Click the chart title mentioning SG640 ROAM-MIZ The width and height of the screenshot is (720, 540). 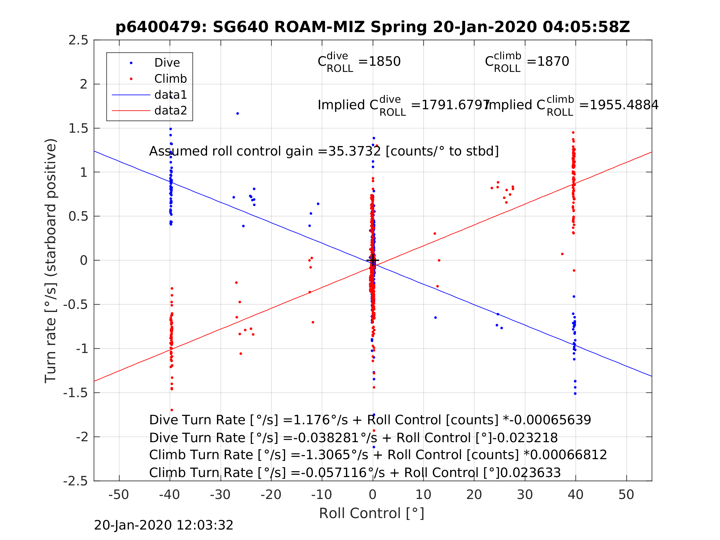(x=372, y=27)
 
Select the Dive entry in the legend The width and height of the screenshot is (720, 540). (x=167, y=63)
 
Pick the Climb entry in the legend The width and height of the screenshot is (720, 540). (x=170, y=79)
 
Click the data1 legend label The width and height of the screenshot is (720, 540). (x=171, y=95)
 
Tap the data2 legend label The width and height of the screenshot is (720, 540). (x=171, y=111)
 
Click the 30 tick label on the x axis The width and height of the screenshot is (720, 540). (x=525, y=495)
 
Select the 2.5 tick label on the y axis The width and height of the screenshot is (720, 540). (x=78, y=40)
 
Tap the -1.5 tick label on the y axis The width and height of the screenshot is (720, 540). (x=76, y=393)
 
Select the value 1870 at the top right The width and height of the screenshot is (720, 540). (x=553, y=61)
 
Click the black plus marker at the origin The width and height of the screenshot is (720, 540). (x=373, y=260)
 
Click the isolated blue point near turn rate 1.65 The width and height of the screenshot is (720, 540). (x=238, y=114)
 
